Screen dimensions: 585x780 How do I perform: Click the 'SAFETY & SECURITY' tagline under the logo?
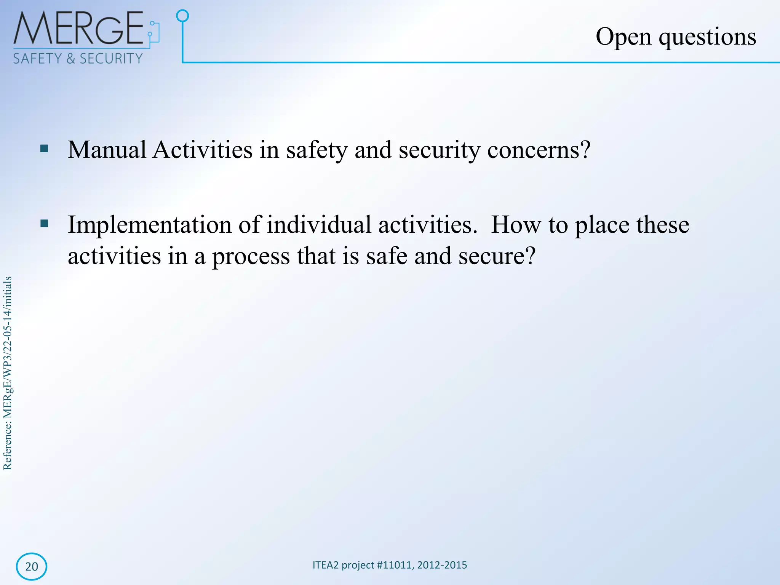[78, 59]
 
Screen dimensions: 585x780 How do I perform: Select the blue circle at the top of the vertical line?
[183, 16]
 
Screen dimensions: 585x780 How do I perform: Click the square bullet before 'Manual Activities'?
[44, 149]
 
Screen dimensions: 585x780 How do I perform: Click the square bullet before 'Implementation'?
[44, 223]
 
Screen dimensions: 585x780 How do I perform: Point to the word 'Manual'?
[107, 150]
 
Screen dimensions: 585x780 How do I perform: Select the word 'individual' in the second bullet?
[318, 225]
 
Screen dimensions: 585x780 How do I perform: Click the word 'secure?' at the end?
[497, 256]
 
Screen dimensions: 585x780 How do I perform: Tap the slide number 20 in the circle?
[32, 566]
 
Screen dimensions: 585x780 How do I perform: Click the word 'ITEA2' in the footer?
[325, 565]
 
